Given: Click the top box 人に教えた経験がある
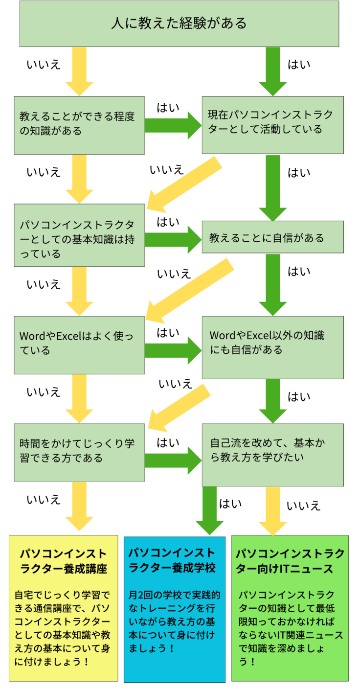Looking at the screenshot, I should click(x=179, y=23).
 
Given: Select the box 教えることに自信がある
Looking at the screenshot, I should click(x=272, y=237).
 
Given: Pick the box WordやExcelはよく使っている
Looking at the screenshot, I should click(x=79, y=345).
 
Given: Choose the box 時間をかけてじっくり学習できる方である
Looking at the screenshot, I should click(x=79, y=451).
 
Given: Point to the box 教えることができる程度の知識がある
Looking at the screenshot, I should click(x=79, y=125).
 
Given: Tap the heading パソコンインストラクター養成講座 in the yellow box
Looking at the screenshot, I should click(x=63, y=561).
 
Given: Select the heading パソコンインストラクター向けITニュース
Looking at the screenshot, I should click(x=290, y=561).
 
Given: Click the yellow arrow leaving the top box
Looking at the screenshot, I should click(x=79, y=71).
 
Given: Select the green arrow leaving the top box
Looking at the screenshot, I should click(x=272, y=71).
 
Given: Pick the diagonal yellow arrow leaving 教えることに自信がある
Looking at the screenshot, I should click(x=189, y=291).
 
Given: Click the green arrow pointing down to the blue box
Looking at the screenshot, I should click(x=209, y=510).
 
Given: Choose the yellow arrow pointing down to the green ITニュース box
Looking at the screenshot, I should click(x=272, y=510).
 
